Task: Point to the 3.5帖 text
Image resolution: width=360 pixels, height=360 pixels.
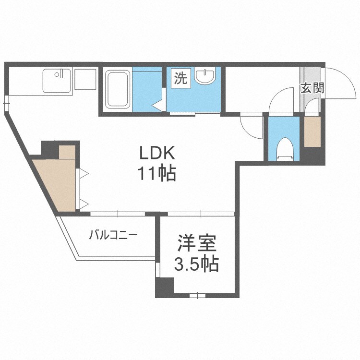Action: [x=196, y=264]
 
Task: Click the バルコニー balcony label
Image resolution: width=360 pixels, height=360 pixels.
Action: [x=113, y=235]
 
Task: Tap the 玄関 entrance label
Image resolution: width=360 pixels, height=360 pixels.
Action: [x=312, y=88]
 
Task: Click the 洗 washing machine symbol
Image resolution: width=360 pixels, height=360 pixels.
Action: [x=181, y=78]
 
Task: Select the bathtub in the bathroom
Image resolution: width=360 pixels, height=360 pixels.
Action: [x=118, y=89]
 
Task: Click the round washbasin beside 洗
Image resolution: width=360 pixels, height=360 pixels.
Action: [x=207, y=76]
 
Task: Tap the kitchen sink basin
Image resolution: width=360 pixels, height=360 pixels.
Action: [x=57, y=80]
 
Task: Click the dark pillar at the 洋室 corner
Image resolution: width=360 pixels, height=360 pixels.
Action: [x=164, y=287]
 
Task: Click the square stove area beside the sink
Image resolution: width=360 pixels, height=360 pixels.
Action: [x=85, y=80]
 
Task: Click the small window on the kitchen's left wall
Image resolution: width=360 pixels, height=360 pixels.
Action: [x=6, y=101]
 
